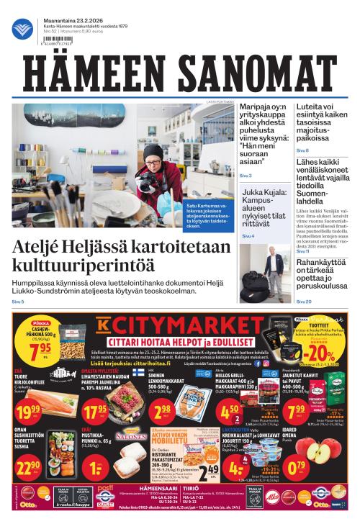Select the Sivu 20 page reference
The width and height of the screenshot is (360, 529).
pos(304,301)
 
